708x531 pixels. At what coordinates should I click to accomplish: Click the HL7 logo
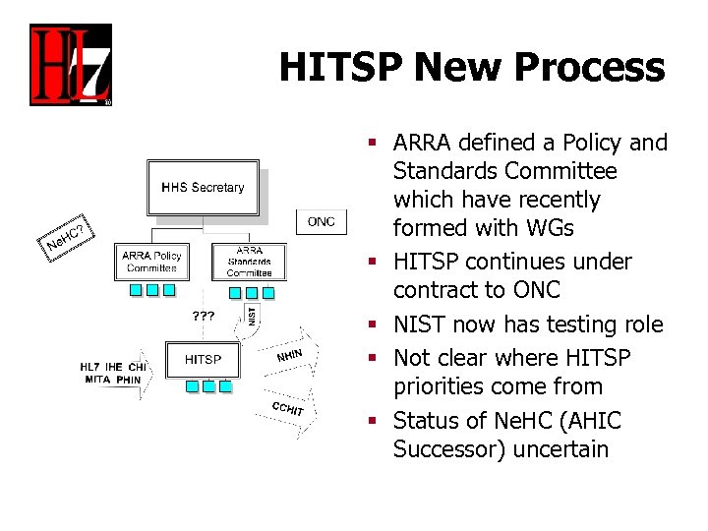tap(70, 65)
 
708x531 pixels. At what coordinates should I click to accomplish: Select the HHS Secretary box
tap(204, 187)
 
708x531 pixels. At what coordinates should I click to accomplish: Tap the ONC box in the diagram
tap(321, 221)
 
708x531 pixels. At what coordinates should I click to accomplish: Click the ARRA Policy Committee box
tap(151, 262)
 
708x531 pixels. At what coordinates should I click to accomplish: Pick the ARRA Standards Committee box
tap(249, 262)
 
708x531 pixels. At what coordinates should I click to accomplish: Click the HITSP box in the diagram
tap(204, 360)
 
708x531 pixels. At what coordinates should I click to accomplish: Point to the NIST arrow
tap(252, 315)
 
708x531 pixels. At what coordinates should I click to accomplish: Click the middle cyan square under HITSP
tap(208, 387)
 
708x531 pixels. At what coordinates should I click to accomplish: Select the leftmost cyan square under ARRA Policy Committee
tap(135, 290)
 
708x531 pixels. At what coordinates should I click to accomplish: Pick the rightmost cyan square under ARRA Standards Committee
tap(268, 292)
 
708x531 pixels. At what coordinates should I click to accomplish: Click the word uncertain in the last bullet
tap(553, 449)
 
